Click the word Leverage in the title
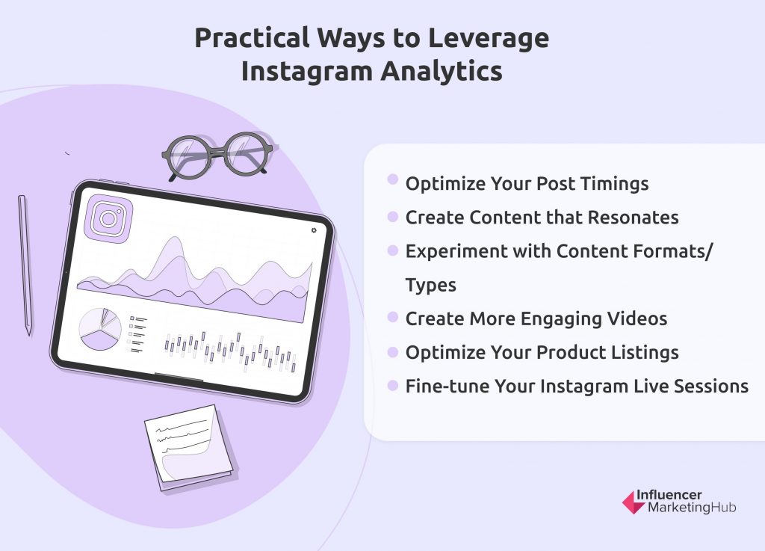pyautogui.click(x=489, y=39)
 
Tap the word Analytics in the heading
pyautogui.click(x=442, y=71)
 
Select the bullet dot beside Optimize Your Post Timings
pyautogui.click(x=393, y=179)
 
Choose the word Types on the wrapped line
pyautogui.click(x=431, y=286)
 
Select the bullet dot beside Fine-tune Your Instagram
pyautogui.click(x=393, y=386)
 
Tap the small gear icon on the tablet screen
pyautogui.click(x=314, y=230)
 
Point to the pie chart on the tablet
pyautogui.click(x=100, y=328)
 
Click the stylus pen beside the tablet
pyautogui.click(x=25, y=265)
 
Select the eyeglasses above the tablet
pyautogui.click(x=217, y=156)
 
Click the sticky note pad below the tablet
pyautogui.click(x=189, y=448)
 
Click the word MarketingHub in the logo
pyautogui.click(x=692, y=508)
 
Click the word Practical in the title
pyautogui.click(x=252, y=39)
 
